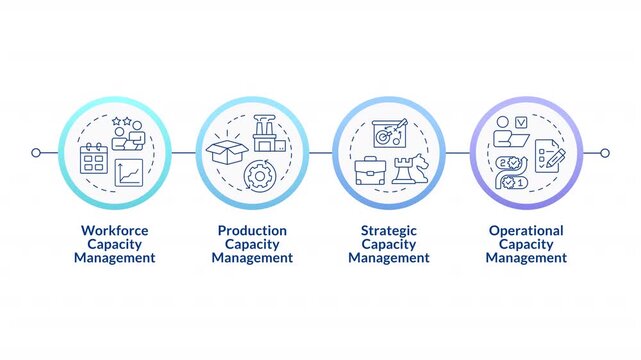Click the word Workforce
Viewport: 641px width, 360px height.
coord(115,230)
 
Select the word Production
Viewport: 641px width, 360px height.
coord(252,230)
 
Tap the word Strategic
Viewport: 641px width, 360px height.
coord(389,230)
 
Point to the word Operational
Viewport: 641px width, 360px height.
coord(526,230)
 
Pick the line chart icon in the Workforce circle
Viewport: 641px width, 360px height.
coord(129,173)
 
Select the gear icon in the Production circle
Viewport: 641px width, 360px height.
coord(259,176)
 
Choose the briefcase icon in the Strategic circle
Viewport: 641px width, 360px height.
coord(370,171)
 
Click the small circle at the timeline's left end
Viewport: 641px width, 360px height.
coord(36,153)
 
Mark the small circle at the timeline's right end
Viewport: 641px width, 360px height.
coord(604,153)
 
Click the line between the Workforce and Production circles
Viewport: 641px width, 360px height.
coord(183,153)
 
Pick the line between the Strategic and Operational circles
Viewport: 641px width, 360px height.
coord(457,153)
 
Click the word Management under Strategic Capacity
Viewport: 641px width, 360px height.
coord(389,258)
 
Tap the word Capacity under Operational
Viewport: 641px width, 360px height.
coord(526,244)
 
